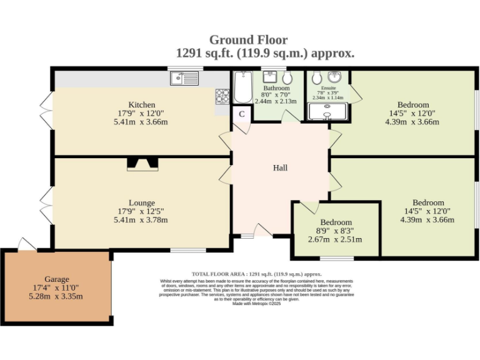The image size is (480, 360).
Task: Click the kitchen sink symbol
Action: click(184, 78)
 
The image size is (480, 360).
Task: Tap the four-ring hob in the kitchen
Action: click(222, 96)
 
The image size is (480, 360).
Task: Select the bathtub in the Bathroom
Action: click(241, 87)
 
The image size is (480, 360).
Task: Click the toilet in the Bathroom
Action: click(287, 78)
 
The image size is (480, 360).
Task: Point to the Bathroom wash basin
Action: click(271, 77)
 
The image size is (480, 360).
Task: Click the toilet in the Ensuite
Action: click(316, 77)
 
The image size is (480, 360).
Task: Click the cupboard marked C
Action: click(241, 114)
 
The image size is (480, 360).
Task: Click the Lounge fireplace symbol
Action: click(142, 164)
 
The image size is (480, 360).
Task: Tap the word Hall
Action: click(281, 167)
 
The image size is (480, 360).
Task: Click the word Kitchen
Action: click(142, 104)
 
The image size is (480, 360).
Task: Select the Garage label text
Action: click(57, 279)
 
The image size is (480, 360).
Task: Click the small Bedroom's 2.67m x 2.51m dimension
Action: click(336, 239)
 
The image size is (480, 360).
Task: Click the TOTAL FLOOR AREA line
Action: click(256, 274)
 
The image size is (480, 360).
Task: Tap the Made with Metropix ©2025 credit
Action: click(257, 304)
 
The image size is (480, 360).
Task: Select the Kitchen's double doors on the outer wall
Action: click(46, 111)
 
